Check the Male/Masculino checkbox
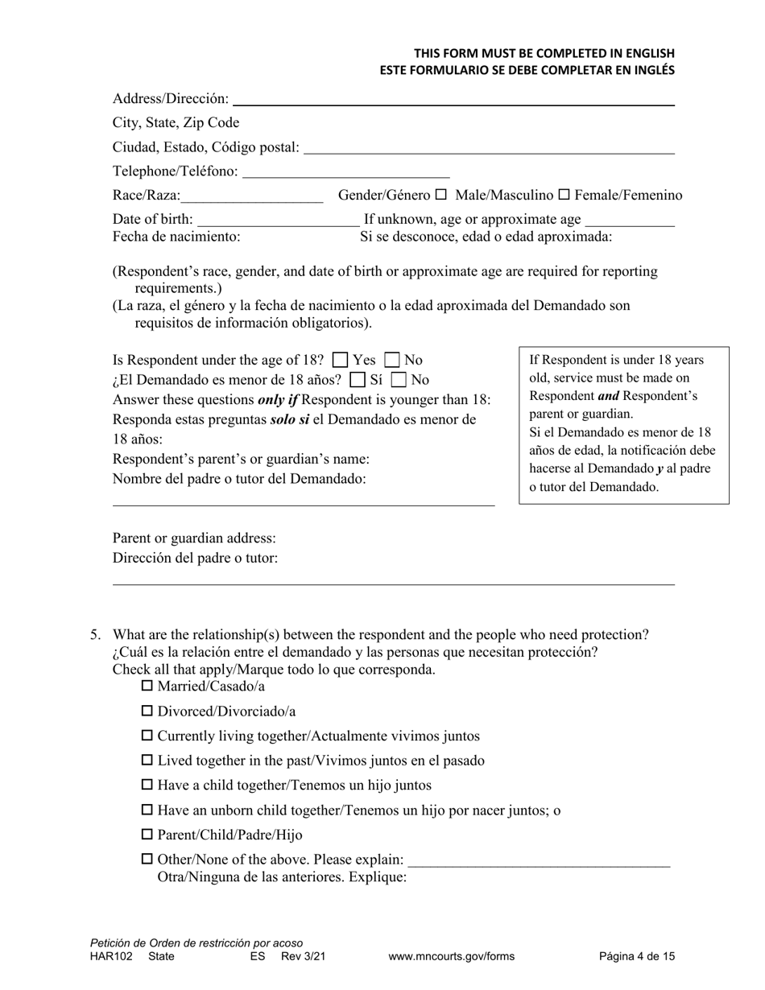tap(440, 195)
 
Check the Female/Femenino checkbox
tap(564, 195)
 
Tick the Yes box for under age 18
tap(341, 361)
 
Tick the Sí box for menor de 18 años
tap(358, 380)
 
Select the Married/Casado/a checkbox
tap(147, 687)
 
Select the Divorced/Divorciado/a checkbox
tap(147, 712)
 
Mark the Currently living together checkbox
tap(147, 736)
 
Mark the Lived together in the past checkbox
tap(147, 761)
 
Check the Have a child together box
tap(147, 785)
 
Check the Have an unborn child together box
tap(147, 810)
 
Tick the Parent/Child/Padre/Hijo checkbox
tap(147, 835)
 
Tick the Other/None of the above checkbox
tap(147, 860)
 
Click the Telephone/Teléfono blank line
tap(345, 172)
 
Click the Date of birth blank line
tap(278, 221)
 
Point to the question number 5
tap(95, 634)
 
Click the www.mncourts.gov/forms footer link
tap(451, 957)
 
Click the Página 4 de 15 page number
tap(637, 957)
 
